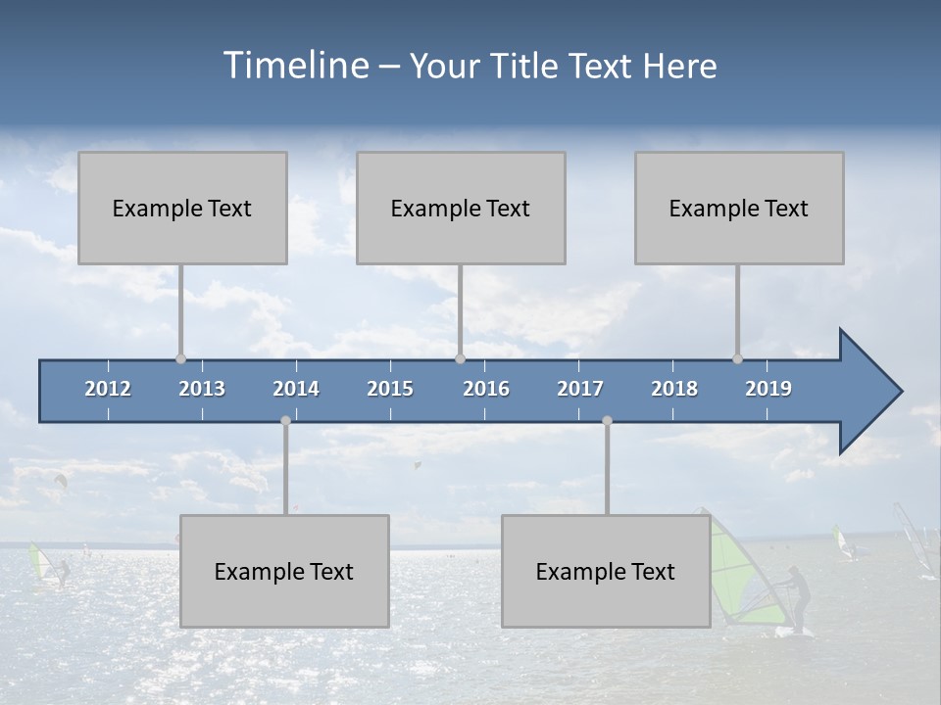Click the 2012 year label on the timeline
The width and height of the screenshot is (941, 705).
click(x=108, y=389)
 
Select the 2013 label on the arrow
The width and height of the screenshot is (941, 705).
click(x=202, y=389)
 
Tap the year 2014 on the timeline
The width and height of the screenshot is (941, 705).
click(x=296, y=389)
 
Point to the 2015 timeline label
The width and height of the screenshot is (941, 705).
click(x=390, y=389)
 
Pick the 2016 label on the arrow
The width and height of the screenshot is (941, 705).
click(x=486, y=389)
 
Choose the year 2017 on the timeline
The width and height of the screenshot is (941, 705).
click(x=580, y=389)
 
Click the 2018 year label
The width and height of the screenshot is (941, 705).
click(x=674, y=389)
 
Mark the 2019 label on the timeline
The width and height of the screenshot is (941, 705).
click(x=768, y=389)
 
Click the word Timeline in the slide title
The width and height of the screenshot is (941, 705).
click(x=294, y=66)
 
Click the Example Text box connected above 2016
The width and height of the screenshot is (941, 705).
click(x=461, y=208)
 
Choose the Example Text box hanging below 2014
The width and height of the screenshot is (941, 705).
click(x=284, y=571)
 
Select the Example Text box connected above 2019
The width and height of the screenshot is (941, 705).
click(x=739, y=208)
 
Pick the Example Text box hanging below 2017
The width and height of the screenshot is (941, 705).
click(x=606, y=571)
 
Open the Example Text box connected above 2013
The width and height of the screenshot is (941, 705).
click(x=182, y=208)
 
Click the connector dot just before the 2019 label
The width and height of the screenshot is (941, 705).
click(x=737, y=358)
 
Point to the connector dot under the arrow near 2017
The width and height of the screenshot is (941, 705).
click(x=607, y=420)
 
